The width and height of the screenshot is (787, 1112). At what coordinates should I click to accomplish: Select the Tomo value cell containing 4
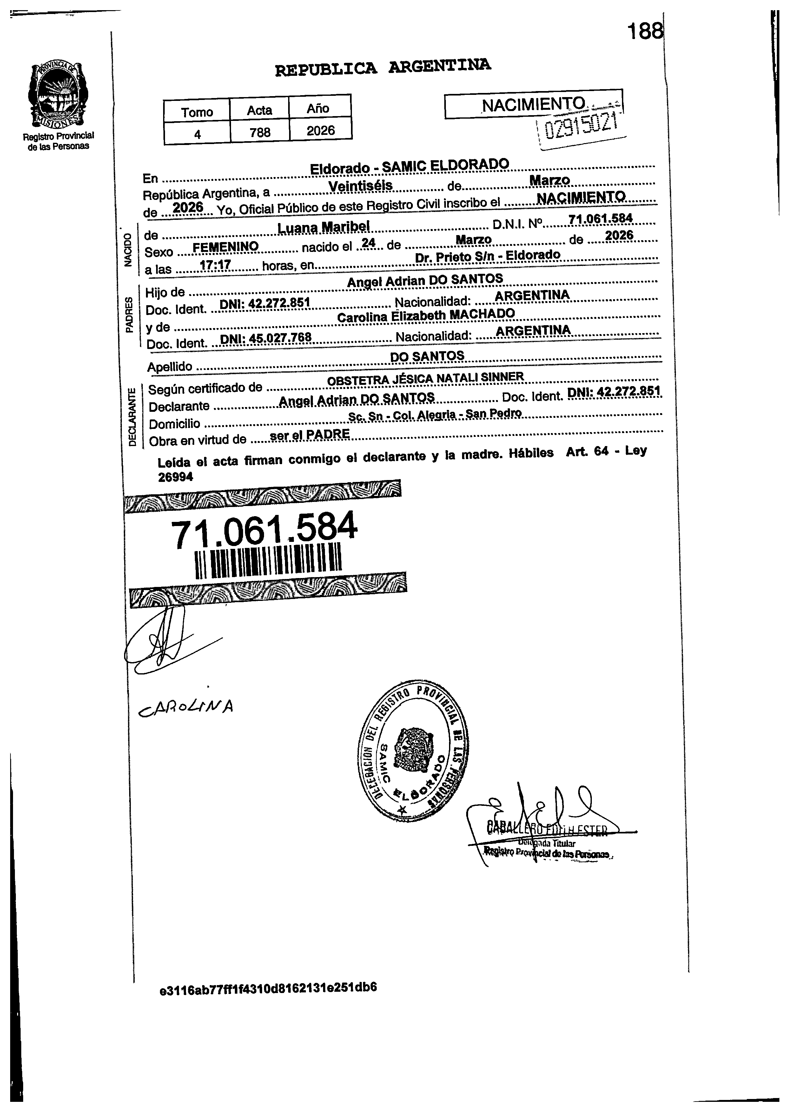coord(197,134)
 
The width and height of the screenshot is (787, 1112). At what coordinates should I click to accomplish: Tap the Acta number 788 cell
coord(260,132)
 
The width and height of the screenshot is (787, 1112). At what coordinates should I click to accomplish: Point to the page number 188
coord(645,32)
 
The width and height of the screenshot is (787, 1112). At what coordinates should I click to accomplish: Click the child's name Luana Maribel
coord(323,227)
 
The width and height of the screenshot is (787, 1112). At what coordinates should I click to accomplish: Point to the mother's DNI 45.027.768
coord(266,337)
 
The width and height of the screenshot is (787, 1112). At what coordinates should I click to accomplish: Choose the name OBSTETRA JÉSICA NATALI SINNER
coord(425,378)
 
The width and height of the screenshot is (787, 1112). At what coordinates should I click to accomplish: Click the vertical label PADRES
coord(129,315)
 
